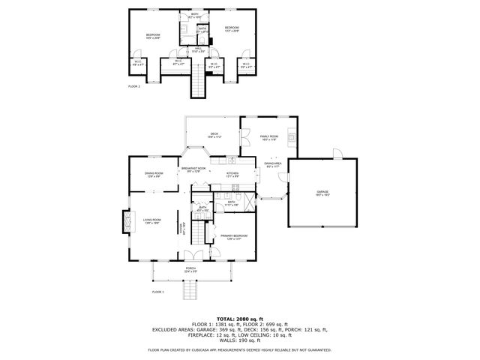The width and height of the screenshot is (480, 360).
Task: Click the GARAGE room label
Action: click(323, 193)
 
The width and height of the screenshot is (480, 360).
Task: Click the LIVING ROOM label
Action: click(152, 220)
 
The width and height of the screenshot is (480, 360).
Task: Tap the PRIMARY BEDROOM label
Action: click(234, 237)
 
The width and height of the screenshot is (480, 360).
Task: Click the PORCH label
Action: click(191, 268)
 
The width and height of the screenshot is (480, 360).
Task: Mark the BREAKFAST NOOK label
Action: click(193, 169)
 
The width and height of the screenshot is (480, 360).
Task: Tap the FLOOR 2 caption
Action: click(134, 86)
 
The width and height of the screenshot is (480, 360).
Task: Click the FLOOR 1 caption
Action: click(158, 291)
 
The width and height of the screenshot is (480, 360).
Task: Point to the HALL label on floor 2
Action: click(199, 49)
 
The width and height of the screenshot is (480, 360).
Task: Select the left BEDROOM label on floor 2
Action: click(153, 35)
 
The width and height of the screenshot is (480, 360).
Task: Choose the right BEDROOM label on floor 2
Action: click(232, 29)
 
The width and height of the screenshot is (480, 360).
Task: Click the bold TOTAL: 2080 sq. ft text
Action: click(240, 319)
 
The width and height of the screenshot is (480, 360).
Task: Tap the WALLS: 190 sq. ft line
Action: click(240, 339)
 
